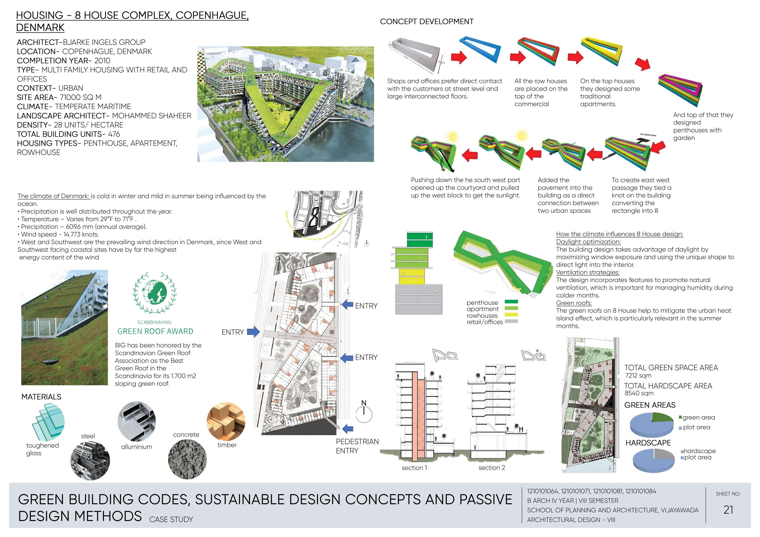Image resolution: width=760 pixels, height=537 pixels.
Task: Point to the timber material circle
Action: pyautogui.click(x=226, y=421)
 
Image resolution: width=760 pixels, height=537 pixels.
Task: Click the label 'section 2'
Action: pyautogui.click(x=492, y=468)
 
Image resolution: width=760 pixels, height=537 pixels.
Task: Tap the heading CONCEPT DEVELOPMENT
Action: pyautogui.click(x=426, y=21)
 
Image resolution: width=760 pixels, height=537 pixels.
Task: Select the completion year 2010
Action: pyautogui.click(x=102, y=61)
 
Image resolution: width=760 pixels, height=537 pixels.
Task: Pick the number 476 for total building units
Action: pyautogui.click(x=114, y=134)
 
